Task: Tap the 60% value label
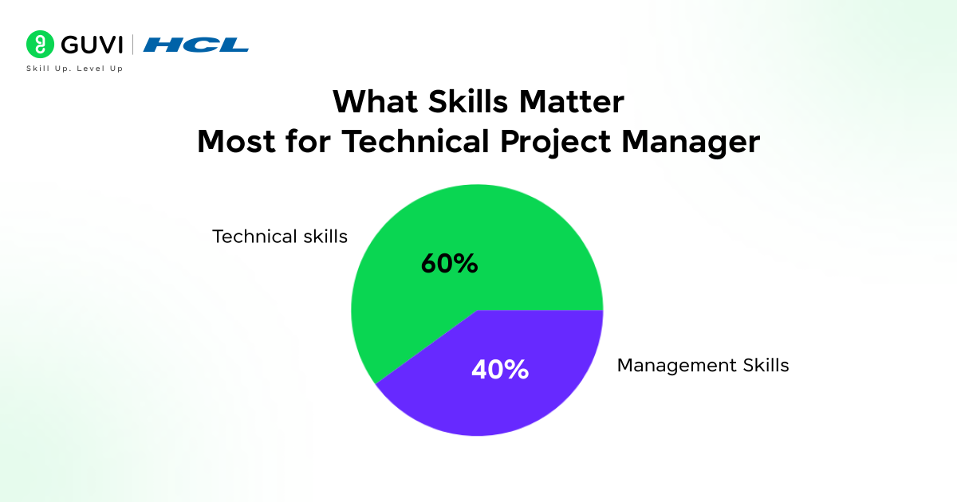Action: [x=449, y=264]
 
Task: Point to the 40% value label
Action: [x=500, y=369]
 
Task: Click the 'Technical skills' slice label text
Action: [x=280, y=237]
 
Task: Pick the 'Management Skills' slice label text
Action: [x=703, y=366]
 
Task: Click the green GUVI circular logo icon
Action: [x=38, y=45]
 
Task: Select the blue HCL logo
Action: [x=196, y=45]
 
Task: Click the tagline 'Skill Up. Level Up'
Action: [x=74, y=69]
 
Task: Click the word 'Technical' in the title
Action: [x=410, y=143]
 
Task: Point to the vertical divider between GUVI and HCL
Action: [x=132, y=45]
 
